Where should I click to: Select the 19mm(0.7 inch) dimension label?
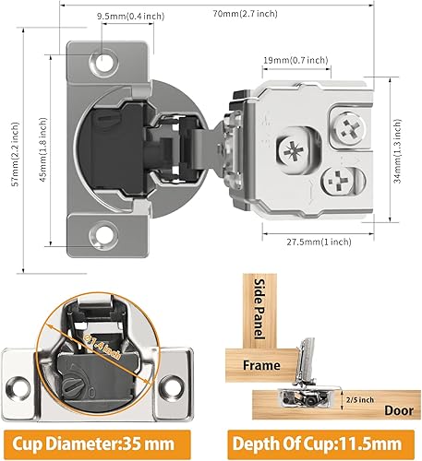(295, 60)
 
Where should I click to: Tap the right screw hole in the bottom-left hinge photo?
(175, 384)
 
